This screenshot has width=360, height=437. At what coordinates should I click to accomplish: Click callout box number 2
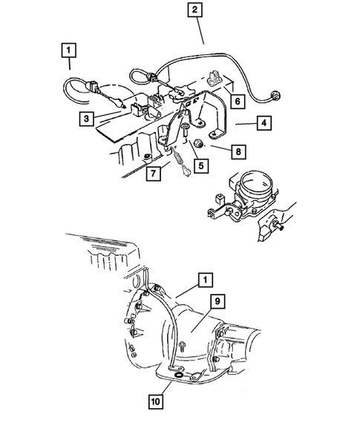tap(194, 10)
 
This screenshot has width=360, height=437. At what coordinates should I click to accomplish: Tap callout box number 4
tap(262, 123)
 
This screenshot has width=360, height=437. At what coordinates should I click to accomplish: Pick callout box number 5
tap(199, 166)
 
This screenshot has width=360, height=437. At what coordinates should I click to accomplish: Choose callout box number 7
tap(151, 174)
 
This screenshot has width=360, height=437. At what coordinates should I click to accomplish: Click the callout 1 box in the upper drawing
tap(69, 50)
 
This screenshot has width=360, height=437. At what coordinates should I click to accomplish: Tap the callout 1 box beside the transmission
tap(202, 280)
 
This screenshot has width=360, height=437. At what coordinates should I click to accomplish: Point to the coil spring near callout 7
tap(178, 157)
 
